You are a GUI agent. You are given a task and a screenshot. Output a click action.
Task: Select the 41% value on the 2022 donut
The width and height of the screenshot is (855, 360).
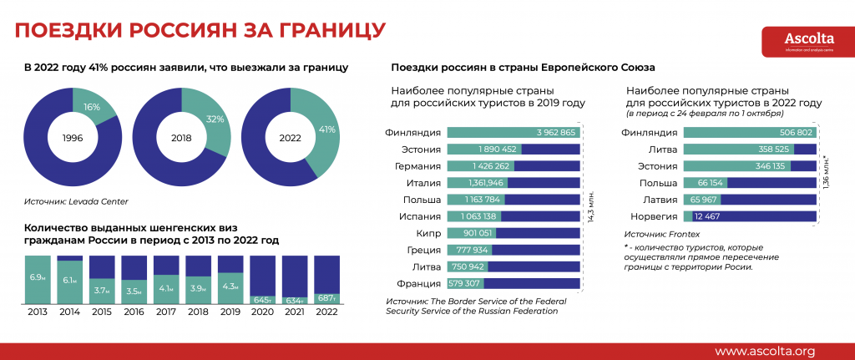tap(327, 129)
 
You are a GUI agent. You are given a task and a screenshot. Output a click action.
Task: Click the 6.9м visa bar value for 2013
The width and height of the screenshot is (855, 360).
tap(38, 276)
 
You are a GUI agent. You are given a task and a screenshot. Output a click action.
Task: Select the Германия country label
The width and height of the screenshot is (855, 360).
tap(415, 165)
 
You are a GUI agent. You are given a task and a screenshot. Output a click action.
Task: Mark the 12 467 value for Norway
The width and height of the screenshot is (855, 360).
tap(710, 215)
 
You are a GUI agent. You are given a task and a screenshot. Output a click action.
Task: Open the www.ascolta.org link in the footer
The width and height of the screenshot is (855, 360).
tap(764, 350)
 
